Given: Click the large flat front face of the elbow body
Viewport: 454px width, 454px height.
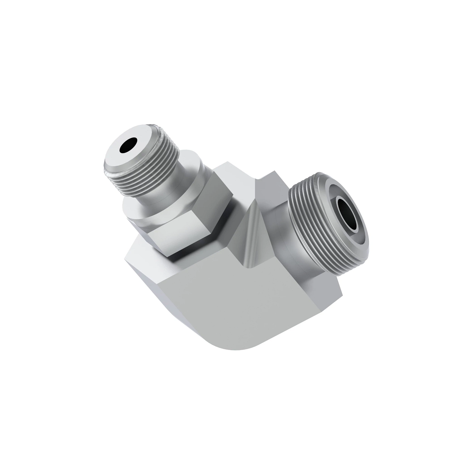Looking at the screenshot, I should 242,303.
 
